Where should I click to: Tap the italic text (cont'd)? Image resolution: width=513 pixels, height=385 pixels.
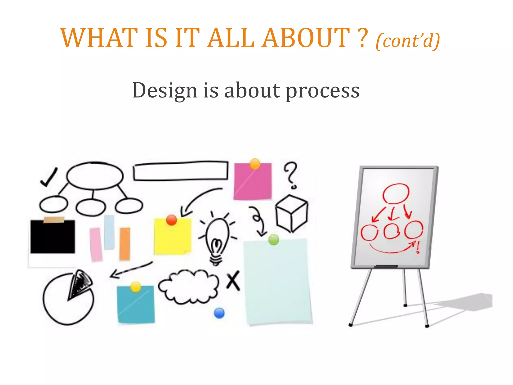(408, 41)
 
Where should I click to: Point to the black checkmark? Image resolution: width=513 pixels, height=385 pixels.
(49, 177)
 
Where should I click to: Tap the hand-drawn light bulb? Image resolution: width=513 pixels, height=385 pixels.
(217, 239)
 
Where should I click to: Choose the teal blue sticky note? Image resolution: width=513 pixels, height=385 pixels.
(136, 305)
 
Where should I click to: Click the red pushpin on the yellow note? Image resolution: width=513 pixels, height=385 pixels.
(171, 220)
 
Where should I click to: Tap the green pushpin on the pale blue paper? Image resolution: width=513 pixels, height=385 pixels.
(274, 240)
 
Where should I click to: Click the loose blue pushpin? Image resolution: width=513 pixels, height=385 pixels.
(219, 313)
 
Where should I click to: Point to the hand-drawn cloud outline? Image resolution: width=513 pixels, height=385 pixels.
(188, 286)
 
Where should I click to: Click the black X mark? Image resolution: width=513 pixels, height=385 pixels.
(233, 281)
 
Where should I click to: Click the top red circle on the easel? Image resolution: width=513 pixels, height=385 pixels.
(396, 193)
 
